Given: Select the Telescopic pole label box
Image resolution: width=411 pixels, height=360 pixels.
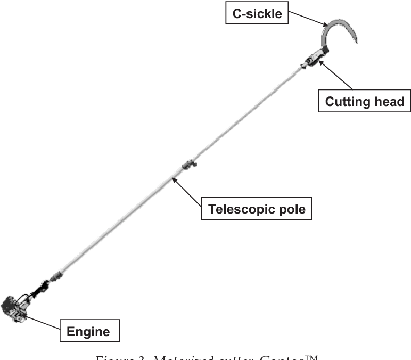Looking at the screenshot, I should coord(256,209).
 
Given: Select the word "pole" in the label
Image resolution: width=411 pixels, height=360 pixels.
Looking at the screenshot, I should coord(292,209).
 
